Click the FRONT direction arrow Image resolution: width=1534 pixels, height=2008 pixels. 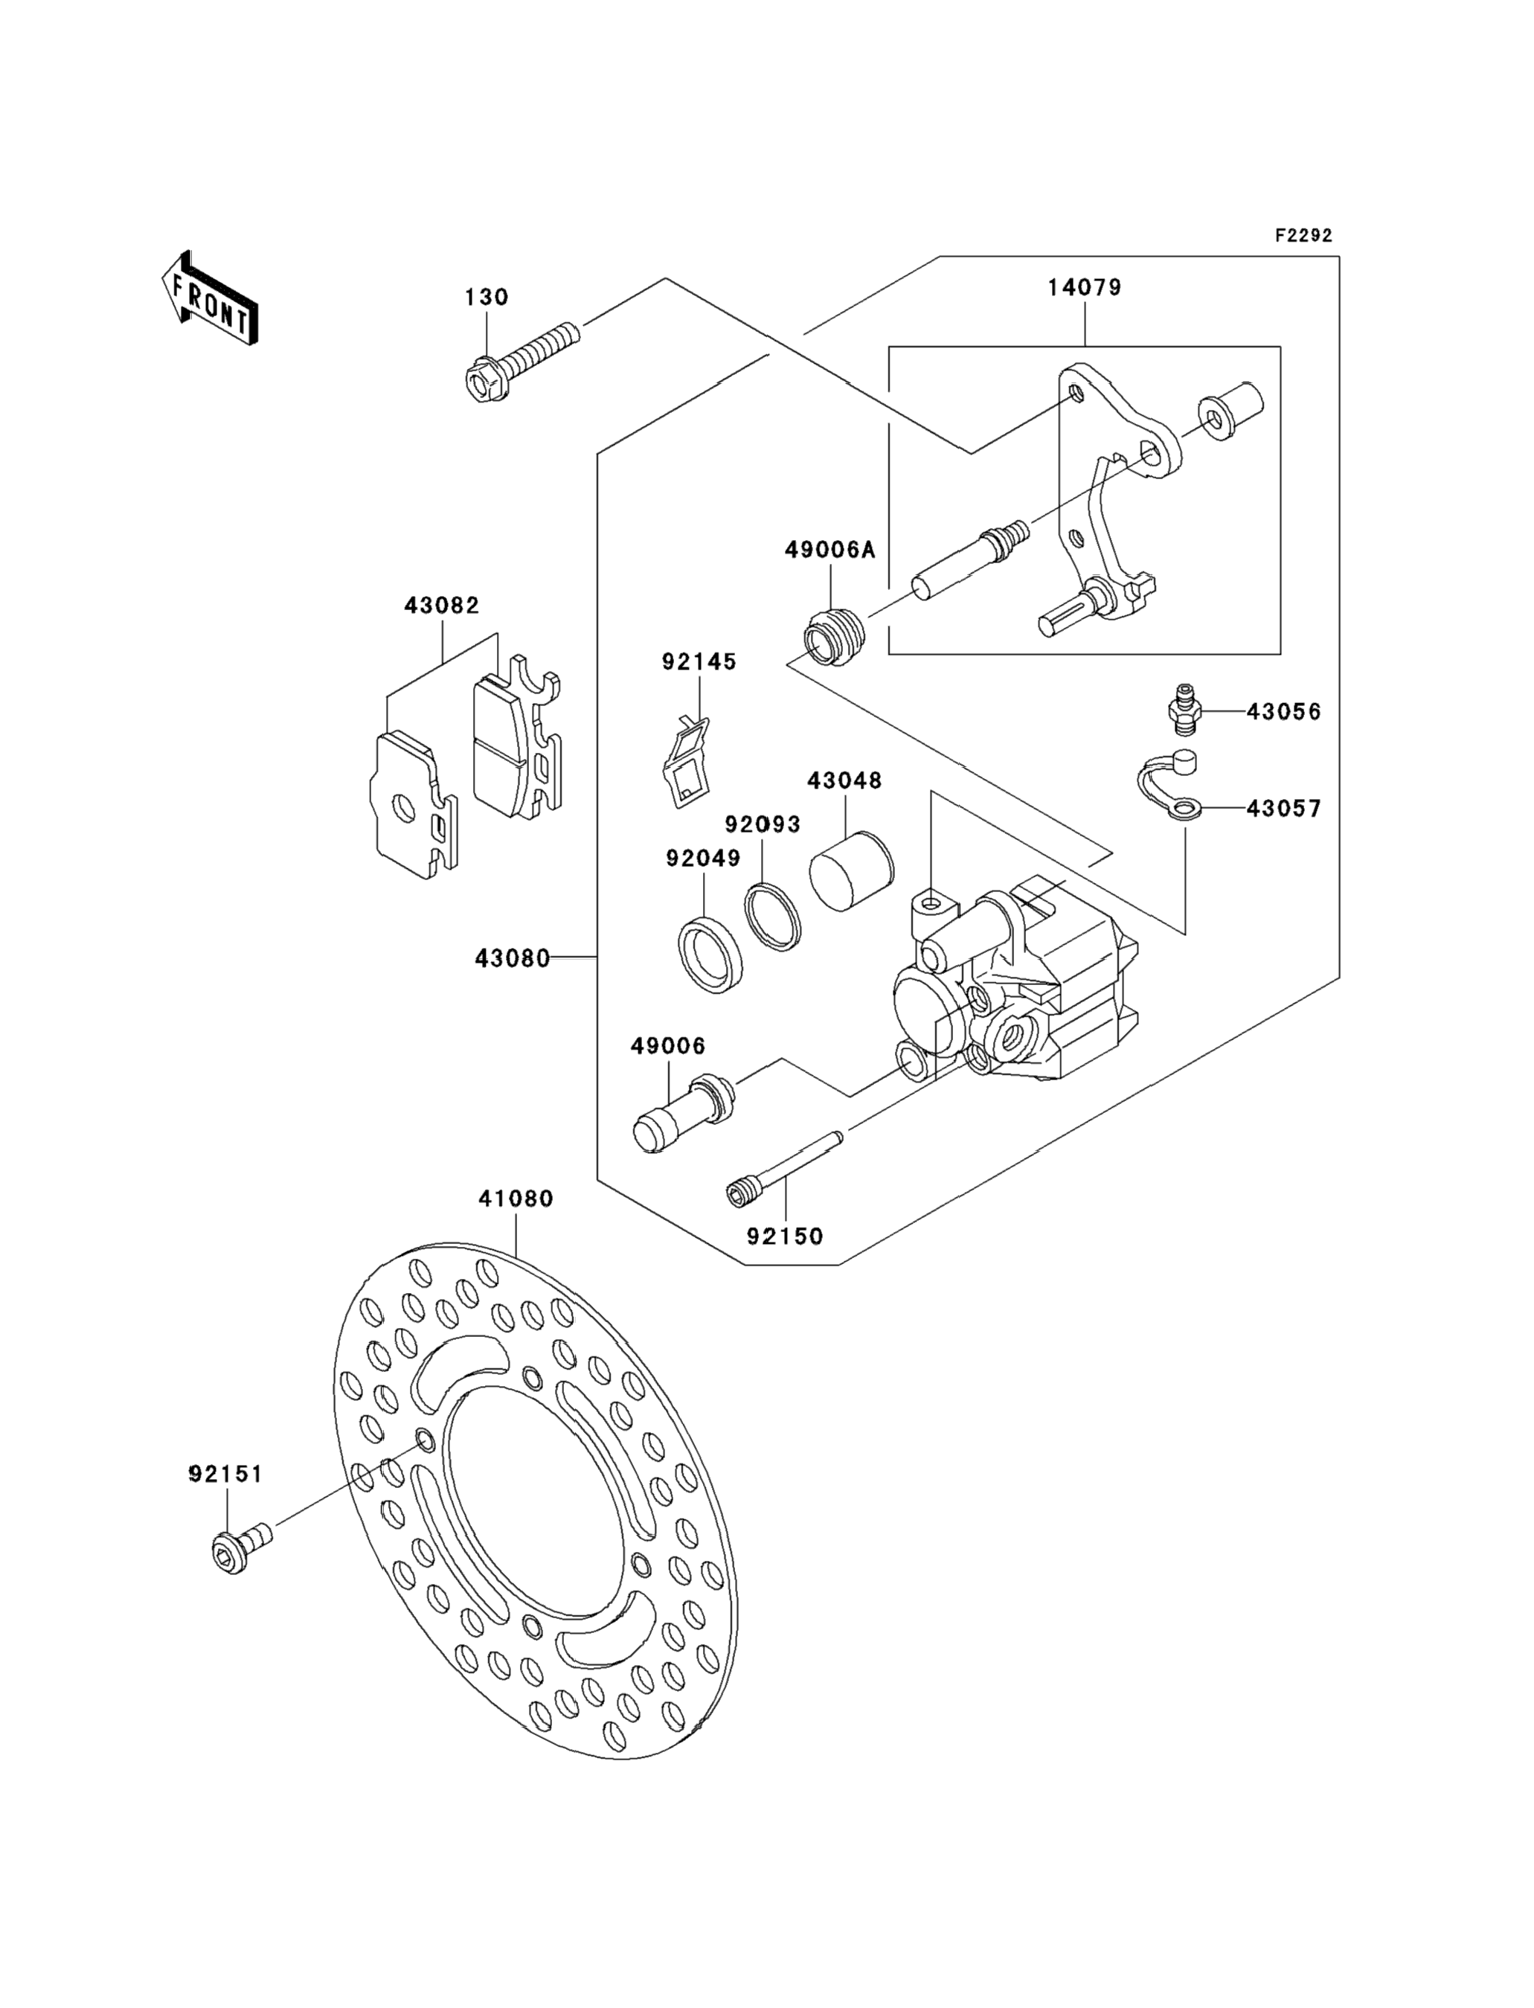click(x=210, y=298)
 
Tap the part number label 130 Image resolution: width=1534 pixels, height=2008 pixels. click(x=486, y=297)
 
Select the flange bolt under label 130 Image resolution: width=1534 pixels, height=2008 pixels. click(x=521, y=362)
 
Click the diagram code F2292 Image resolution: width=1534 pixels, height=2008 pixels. click(x=1304, y=236)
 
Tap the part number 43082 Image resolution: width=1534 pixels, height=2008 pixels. click(x=442, y=606)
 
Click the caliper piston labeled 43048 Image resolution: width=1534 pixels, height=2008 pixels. click(x=852, y=871)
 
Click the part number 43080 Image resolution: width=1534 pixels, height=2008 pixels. click(x=513, y=959)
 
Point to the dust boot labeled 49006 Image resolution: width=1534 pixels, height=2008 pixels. click(x=683, y=1113)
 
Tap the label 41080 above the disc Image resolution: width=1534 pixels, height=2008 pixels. click(x=516, y=1199)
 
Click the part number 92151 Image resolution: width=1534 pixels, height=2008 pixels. click(x=225, y=1475)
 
